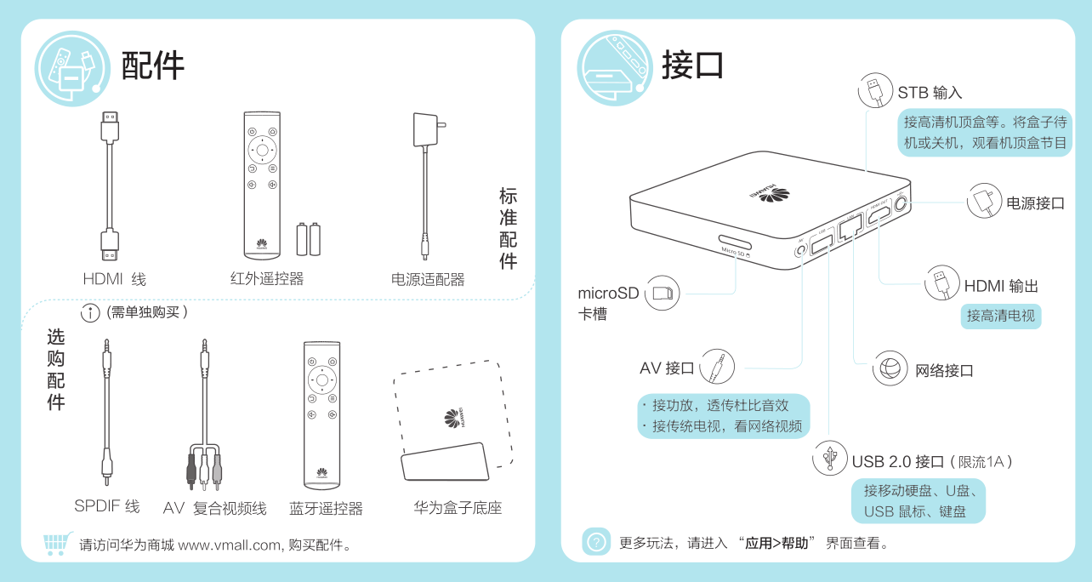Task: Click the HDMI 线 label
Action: [x=114, y=279]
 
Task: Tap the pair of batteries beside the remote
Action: [x=309, y=239]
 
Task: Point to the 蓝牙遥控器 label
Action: [x=326, y=508]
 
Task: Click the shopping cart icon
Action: [x=58, y=543]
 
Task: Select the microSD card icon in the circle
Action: [x=662, y=293]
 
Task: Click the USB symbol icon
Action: [x=829, y=458]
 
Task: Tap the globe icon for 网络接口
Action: [x=890, y=368]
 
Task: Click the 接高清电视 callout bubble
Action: [x=1001, y=317]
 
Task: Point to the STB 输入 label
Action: [x=930, y=92]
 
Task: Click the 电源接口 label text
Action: [x=1036, y=203]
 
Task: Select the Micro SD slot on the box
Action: [x=735, y=242]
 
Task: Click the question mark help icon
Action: [x=595, y=541]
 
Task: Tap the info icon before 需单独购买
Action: [x=90, y=313]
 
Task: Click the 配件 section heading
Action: [x=152, y=66]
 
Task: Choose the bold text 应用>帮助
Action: [x=776, y=543]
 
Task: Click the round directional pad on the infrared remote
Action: [x=262, y=150]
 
